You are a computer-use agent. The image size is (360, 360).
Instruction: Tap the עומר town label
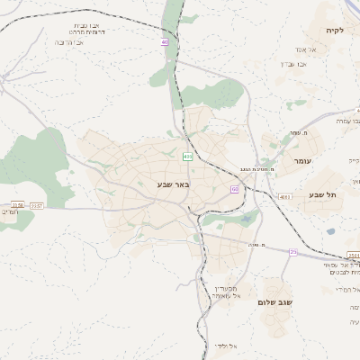click(x=301, y=160)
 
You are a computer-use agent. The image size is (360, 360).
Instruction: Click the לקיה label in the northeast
click(x=335, y=31)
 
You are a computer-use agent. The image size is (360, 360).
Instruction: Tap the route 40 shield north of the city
click(x=165, y=42)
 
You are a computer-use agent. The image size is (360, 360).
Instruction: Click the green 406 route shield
click(x=187, y=157)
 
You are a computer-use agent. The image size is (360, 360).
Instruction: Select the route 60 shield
click(x=235, y=189)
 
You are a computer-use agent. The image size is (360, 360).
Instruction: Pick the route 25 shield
click(x=293, y=252)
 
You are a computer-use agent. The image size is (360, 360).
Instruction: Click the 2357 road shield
click(x=37, y=206)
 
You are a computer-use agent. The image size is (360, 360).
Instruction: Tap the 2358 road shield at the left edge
click(x=17, y=206)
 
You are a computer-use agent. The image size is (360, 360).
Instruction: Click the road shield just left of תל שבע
click(x=285, y=196)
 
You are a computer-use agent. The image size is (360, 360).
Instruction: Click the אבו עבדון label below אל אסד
click(x=294, y=64)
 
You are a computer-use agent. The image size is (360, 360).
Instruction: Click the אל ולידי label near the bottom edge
click(x=226, y=346)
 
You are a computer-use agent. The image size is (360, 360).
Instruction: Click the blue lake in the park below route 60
click(x=246, y=218)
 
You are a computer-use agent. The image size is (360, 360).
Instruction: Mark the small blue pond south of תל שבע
click(x=331, y=232)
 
